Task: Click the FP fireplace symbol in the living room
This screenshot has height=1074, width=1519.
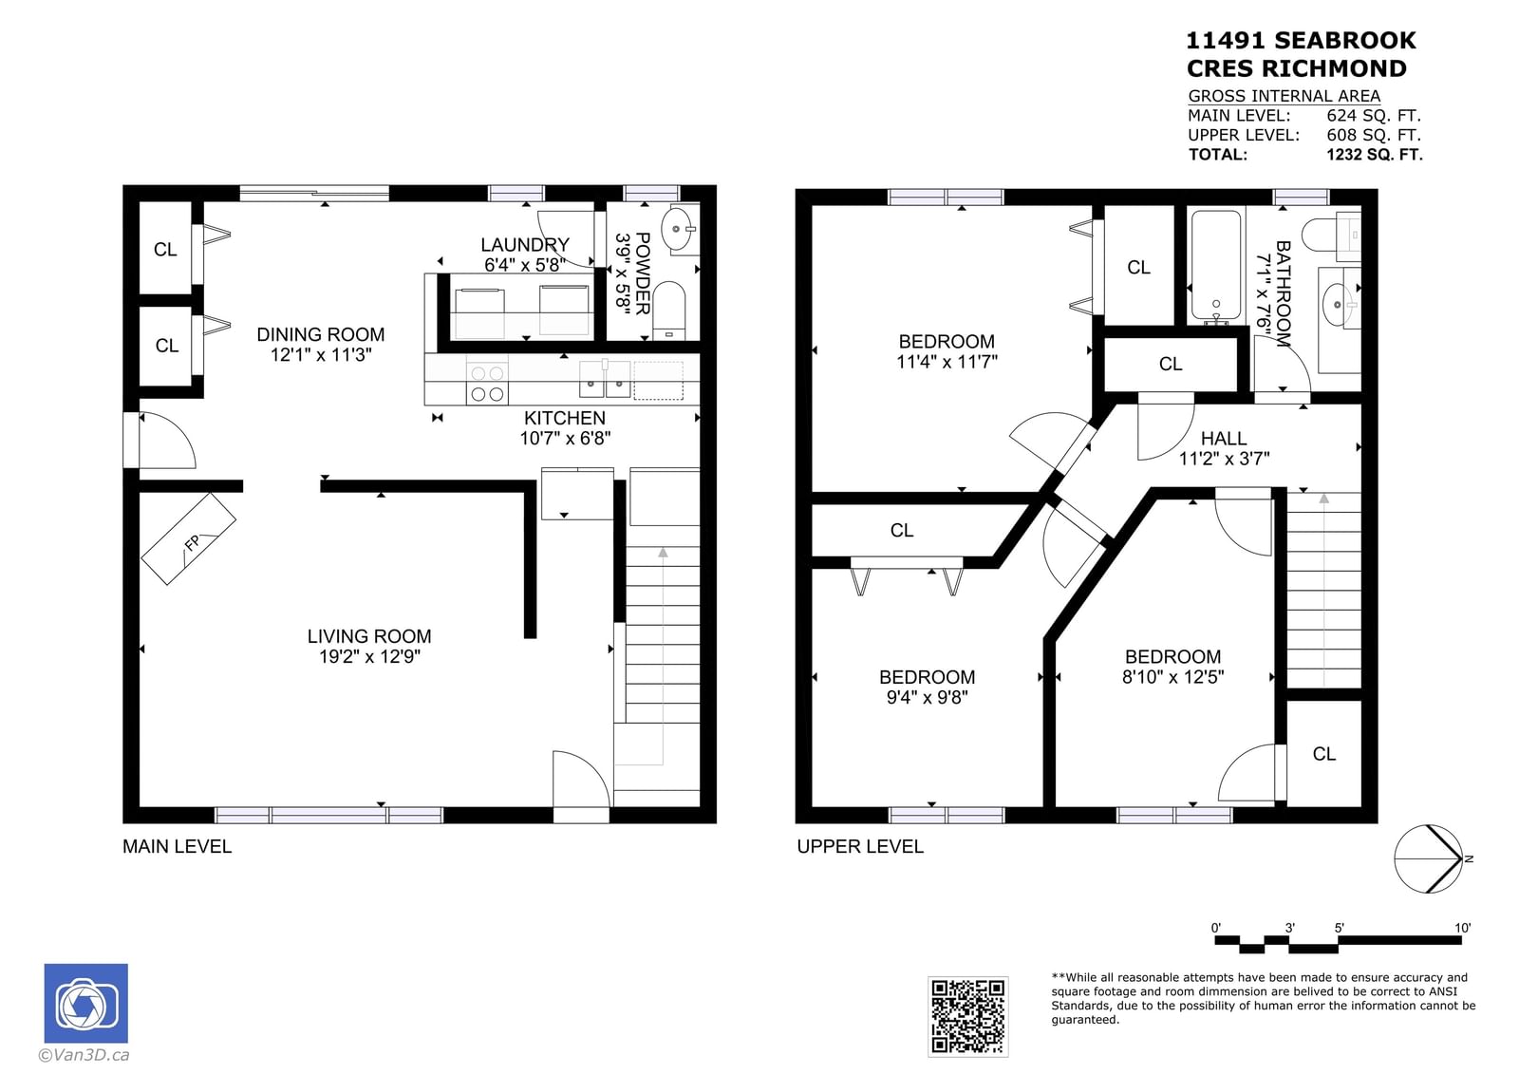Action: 189,539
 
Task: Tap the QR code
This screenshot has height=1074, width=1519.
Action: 967,1016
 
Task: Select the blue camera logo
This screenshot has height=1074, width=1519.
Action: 86,1003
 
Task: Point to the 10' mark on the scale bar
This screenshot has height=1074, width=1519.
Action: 1462,928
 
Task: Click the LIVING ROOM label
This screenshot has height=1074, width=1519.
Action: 369,636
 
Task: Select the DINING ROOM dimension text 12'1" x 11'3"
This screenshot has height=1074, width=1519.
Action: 321,355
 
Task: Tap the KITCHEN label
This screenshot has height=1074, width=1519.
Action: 565,418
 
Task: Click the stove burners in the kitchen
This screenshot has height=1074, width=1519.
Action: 487,384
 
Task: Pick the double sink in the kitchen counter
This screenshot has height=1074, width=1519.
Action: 604,379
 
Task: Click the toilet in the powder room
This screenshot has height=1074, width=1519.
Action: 670,311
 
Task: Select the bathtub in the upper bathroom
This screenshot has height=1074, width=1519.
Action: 1216,267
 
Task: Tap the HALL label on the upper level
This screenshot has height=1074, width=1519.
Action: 1224,439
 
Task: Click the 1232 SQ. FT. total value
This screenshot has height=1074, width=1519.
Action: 1375,155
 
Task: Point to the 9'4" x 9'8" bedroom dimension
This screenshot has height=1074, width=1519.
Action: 927,697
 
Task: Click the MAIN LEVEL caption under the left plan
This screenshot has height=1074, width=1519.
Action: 177,847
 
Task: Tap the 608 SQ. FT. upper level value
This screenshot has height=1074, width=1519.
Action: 1374,135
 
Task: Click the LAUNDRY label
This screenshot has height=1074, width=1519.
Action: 525,244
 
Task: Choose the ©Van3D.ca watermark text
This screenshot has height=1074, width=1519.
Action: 84,1055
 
